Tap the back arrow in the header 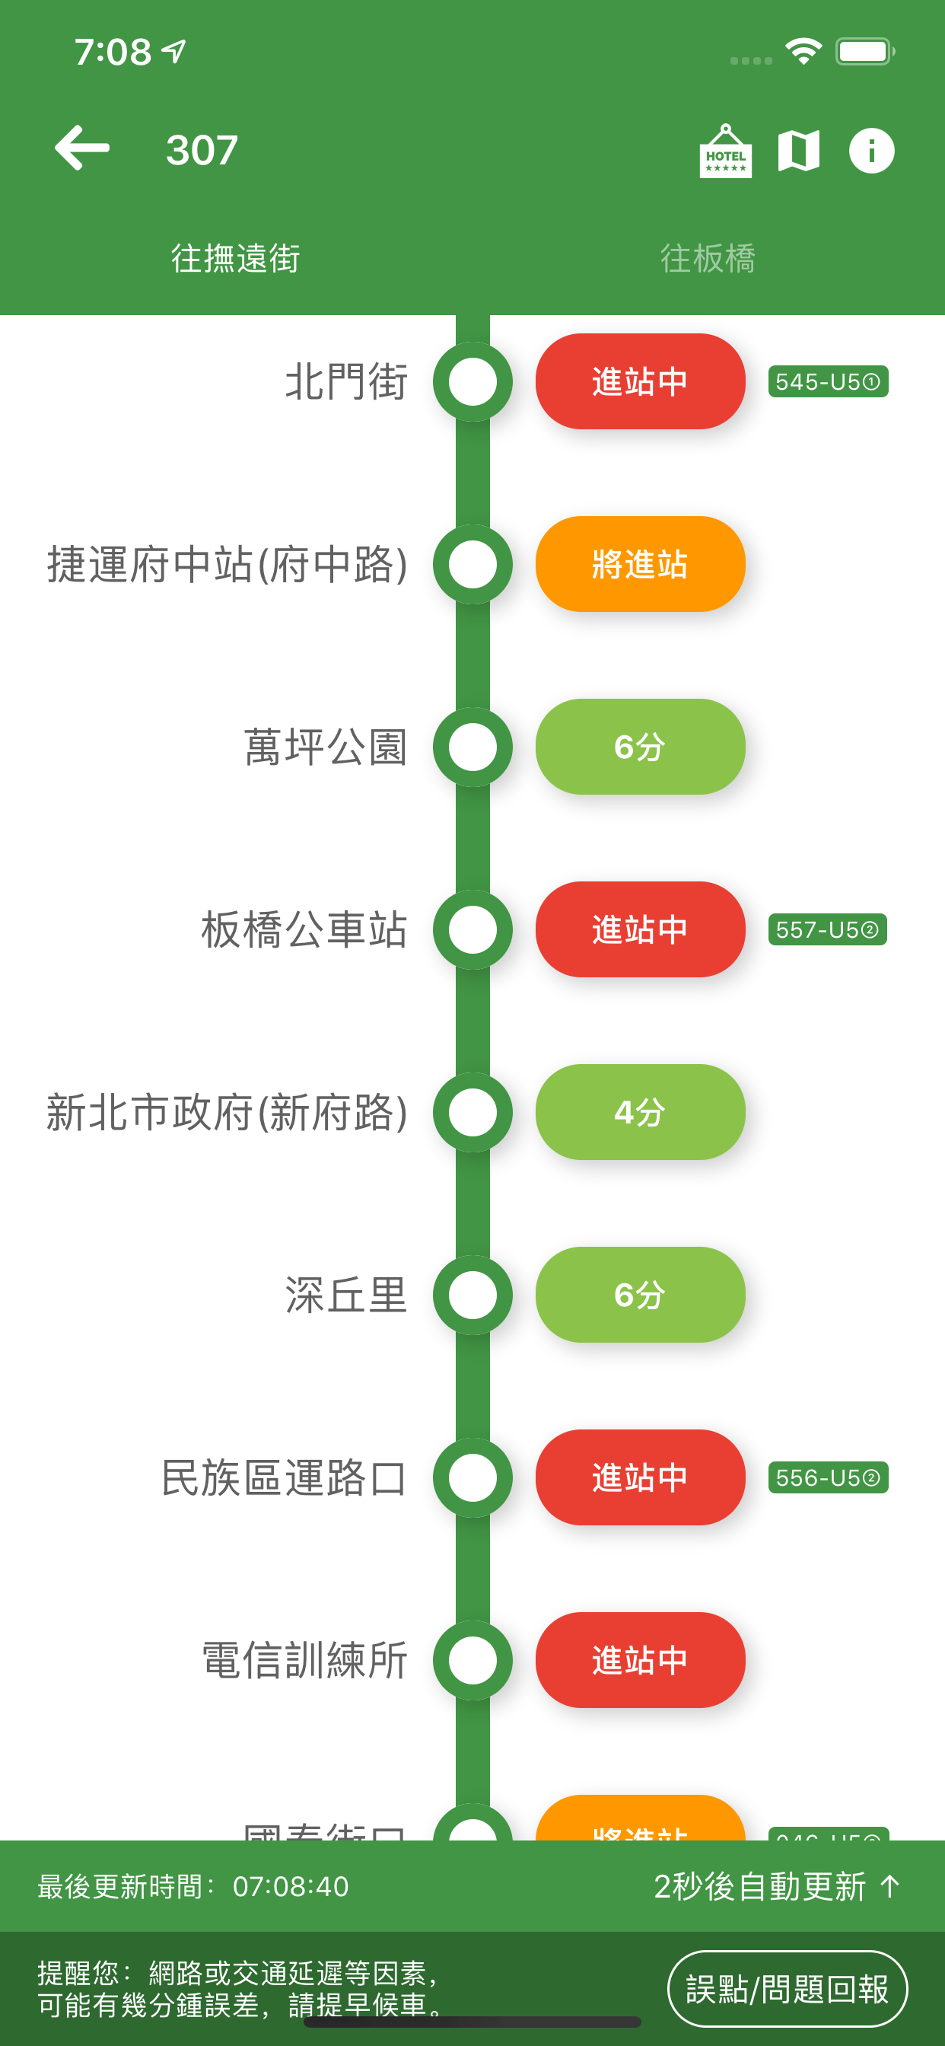82,148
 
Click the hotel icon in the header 725,151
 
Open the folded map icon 798,151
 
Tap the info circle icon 871,151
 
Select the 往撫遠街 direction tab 236,259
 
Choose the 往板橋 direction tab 708,259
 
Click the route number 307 202,150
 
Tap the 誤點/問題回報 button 786,1988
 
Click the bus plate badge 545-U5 828,382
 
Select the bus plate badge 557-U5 828,930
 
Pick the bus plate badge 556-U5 828,1478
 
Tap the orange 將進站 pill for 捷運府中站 640,565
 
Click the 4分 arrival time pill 640,1113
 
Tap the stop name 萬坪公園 326,747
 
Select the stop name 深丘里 346,1295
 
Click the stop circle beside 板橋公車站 473,930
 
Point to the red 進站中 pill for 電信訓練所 640,1661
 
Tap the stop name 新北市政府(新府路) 227,1113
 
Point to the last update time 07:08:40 291,1886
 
